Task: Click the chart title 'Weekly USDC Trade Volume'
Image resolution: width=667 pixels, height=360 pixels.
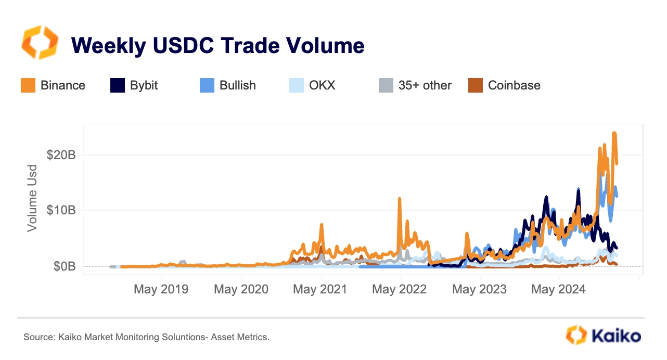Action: click(217, 46)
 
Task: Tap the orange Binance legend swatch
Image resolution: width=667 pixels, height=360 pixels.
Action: click(28, 85)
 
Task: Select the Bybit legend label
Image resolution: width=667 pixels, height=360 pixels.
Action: click(144, 85)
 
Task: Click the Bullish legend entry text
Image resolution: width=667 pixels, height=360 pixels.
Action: click(238, 85)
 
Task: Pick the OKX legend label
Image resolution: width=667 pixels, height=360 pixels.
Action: click(322, 85)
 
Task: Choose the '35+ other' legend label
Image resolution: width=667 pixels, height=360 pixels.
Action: click(425, 85)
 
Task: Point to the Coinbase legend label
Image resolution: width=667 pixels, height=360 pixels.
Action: click(514, 85)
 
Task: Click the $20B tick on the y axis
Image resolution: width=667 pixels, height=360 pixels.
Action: click(62, 155)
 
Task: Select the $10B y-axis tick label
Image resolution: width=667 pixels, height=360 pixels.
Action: click(62, 210)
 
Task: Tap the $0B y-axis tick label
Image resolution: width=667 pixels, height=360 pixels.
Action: click(65, 266)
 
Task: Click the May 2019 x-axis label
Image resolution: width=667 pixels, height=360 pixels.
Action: click(161, 289)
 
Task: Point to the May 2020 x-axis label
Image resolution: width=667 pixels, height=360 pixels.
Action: click(241, 289)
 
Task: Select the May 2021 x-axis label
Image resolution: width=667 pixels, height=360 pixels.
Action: click(320, 289)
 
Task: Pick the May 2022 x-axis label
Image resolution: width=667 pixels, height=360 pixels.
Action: click(399, 289)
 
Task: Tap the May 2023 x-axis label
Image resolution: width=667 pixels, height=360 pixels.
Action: click(479, 289)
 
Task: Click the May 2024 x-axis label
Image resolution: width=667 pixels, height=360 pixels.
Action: click(558, 289)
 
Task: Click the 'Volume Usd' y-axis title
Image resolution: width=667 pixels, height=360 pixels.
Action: click(32, 198)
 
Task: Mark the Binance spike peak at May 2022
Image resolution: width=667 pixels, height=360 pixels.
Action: click(399, 199)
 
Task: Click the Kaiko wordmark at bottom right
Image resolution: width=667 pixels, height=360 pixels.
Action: click(614, 336)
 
